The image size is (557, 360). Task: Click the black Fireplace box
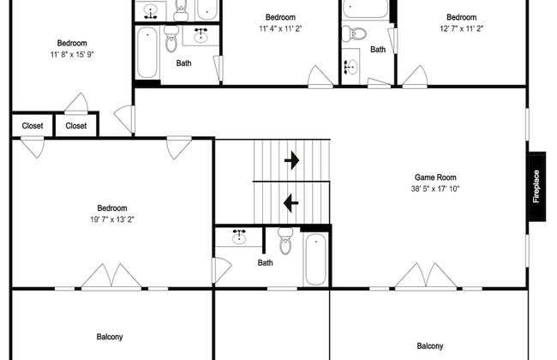536,186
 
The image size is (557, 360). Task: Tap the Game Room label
435,177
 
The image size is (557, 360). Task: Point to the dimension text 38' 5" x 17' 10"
435,189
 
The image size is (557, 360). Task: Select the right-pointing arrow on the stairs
292,160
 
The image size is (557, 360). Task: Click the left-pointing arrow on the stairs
291,203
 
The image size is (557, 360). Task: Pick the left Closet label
33,125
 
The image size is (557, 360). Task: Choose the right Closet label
76,125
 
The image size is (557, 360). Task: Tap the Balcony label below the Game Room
430,345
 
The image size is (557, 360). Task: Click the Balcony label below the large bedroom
110,337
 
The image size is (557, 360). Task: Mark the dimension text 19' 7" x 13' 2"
112,219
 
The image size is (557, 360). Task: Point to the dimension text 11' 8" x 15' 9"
72,54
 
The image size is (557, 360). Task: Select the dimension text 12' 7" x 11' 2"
461,29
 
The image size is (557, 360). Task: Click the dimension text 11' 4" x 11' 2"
280,29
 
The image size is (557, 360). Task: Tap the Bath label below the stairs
266,262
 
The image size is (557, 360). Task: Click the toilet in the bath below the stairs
285,241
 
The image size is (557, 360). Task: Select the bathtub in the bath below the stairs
315,259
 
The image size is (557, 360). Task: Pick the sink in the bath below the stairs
239,237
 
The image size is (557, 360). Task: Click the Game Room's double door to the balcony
426,275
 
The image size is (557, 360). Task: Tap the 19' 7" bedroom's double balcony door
111,277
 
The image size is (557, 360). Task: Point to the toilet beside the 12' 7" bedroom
354,34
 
